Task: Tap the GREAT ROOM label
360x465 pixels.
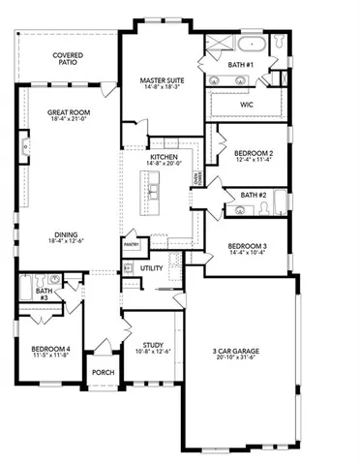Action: (x=69, y=113)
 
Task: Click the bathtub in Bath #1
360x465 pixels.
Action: (x=249, y=46)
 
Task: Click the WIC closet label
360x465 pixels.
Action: (x=248, y=101)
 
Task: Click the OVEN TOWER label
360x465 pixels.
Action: (x=198, y=180)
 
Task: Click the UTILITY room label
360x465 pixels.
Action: (x=152, y=268)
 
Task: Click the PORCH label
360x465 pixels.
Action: (x=103, y=371)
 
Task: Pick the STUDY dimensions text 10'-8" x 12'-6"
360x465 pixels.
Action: (x=151, y=350)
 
